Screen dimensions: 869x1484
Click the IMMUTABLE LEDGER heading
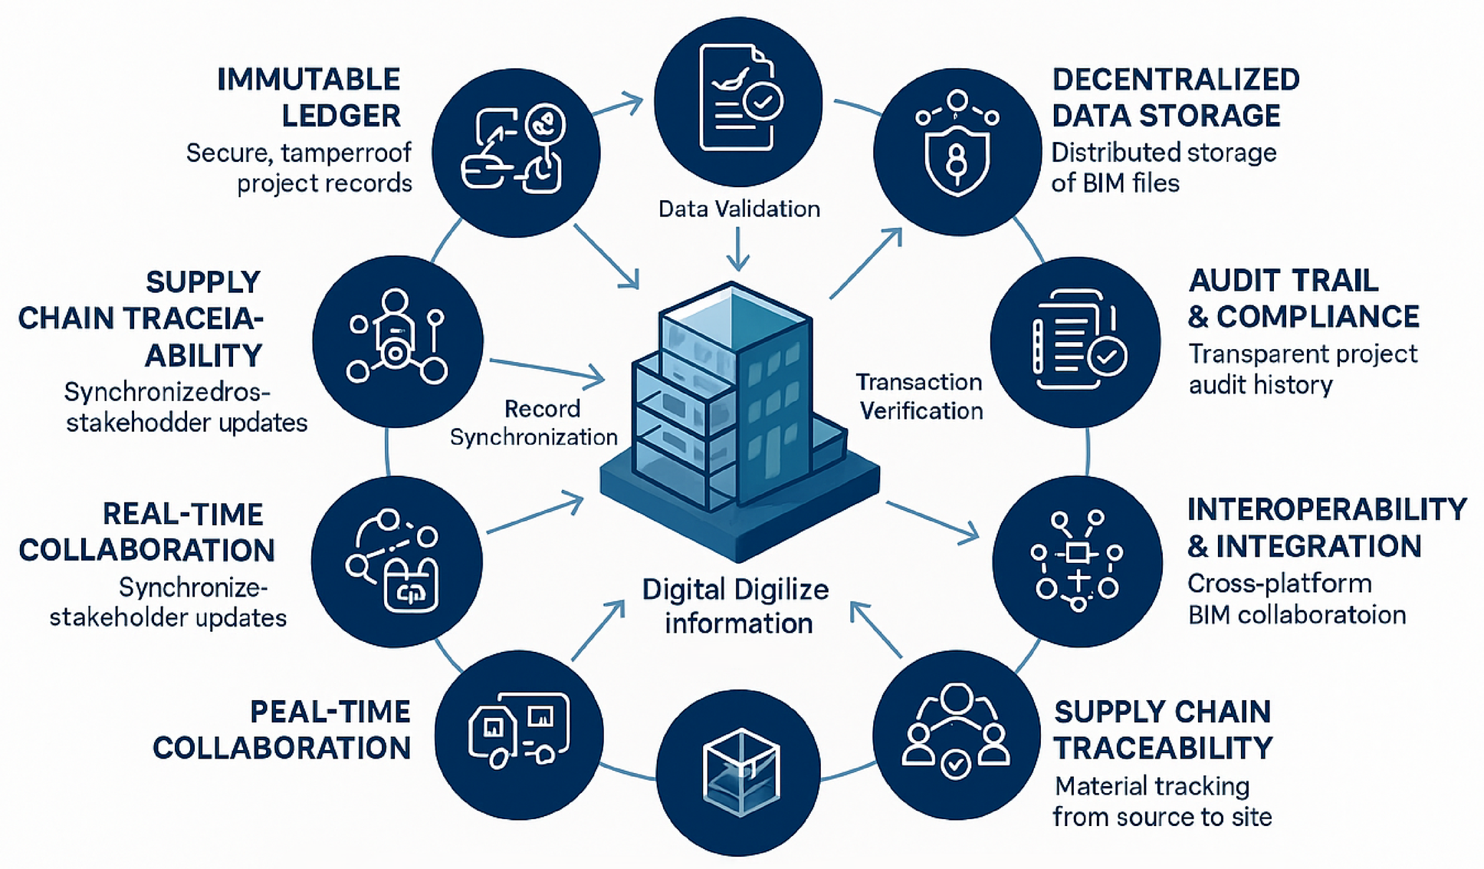(308, 97)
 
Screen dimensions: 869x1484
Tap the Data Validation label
(739, 209)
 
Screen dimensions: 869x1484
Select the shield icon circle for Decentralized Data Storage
(957, 152)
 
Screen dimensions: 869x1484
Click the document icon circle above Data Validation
(738, 101)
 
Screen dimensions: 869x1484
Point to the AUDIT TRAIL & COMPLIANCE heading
(1303, 298)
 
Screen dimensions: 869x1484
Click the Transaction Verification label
(920, 397)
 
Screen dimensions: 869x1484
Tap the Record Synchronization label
(534, 423)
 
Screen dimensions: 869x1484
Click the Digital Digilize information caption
(736, 606)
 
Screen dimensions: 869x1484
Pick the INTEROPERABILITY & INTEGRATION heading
(1326, 528)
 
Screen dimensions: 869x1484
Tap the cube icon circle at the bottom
(739, 772)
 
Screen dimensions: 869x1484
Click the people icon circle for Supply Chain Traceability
(957, 734)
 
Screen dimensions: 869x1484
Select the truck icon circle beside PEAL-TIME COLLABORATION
(519, 734)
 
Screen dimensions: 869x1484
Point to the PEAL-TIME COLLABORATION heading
(282, 729)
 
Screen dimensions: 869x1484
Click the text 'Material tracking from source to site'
(1161, 802)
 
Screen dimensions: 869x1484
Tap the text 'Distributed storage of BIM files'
(1163, 167)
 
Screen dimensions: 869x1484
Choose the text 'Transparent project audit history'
(1302, 369)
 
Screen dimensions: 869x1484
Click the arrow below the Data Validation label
(738, 250)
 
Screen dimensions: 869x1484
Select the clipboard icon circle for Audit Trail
(1075, 341)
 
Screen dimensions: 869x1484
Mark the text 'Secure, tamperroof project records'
(299, 168)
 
